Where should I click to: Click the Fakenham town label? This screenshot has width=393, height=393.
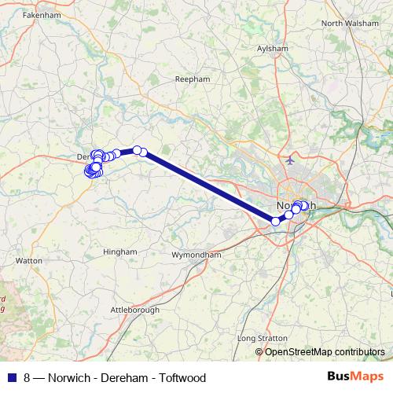(x=36, y=15)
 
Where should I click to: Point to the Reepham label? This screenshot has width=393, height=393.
(x=193, y=79)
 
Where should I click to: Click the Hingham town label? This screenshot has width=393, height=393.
(x=120, y=252)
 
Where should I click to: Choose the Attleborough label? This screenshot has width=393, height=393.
(x=134, y=310)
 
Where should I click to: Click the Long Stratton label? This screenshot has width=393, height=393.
(x=259, y=339)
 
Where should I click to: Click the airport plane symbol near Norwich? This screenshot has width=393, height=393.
(x=292, y=160)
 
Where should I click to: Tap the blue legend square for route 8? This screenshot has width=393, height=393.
(x=12, y=378)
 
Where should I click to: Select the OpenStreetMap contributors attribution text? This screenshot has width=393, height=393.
(x=325, y=351)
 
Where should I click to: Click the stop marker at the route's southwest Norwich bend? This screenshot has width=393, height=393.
(x=276, y=222)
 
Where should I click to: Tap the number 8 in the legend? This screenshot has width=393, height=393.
(x=28, y=378)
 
